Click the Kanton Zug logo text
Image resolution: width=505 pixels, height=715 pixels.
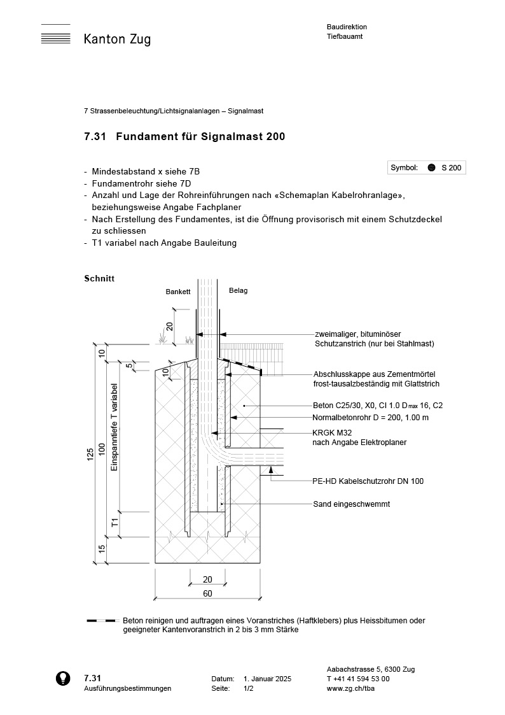click(x=117, y=39)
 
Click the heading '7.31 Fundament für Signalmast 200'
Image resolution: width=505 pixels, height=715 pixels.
click(x=184, y=136)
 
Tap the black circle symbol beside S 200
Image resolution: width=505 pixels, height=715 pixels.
click(x=431, y=167)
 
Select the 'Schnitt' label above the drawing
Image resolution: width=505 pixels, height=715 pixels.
click(x=99, y=278)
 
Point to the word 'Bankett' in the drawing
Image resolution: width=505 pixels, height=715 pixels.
click(x=178, y=292)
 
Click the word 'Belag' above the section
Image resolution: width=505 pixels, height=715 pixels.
click(x=238, y=290)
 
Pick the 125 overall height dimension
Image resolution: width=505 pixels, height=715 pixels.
click(x=90, y=453)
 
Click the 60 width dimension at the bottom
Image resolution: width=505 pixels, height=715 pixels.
click(x=207, y=593)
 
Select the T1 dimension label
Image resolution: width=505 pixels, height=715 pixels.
click(x=115, y=523)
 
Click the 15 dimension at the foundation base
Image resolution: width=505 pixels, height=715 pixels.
click(x=102, y=549)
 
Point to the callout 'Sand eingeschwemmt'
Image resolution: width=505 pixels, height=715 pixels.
click(x=351, y=504)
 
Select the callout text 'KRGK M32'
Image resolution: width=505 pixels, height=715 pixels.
click(x=333, y=432)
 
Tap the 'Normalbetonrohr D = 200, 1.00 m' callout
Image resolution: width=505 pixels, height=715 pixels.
click(x=370, y=418)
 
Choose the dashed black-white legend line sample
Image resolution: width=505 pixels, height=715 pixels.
click(x=102, y=620)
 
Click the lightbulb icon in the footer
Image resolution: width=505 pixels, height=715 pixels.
click(x=63, y=678)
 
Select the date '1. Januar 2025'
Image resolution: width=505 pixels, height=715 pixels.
click(x=267, y=679)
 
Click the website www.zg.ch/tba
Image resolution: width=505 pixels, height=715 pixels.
click(x=354, y=688)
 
